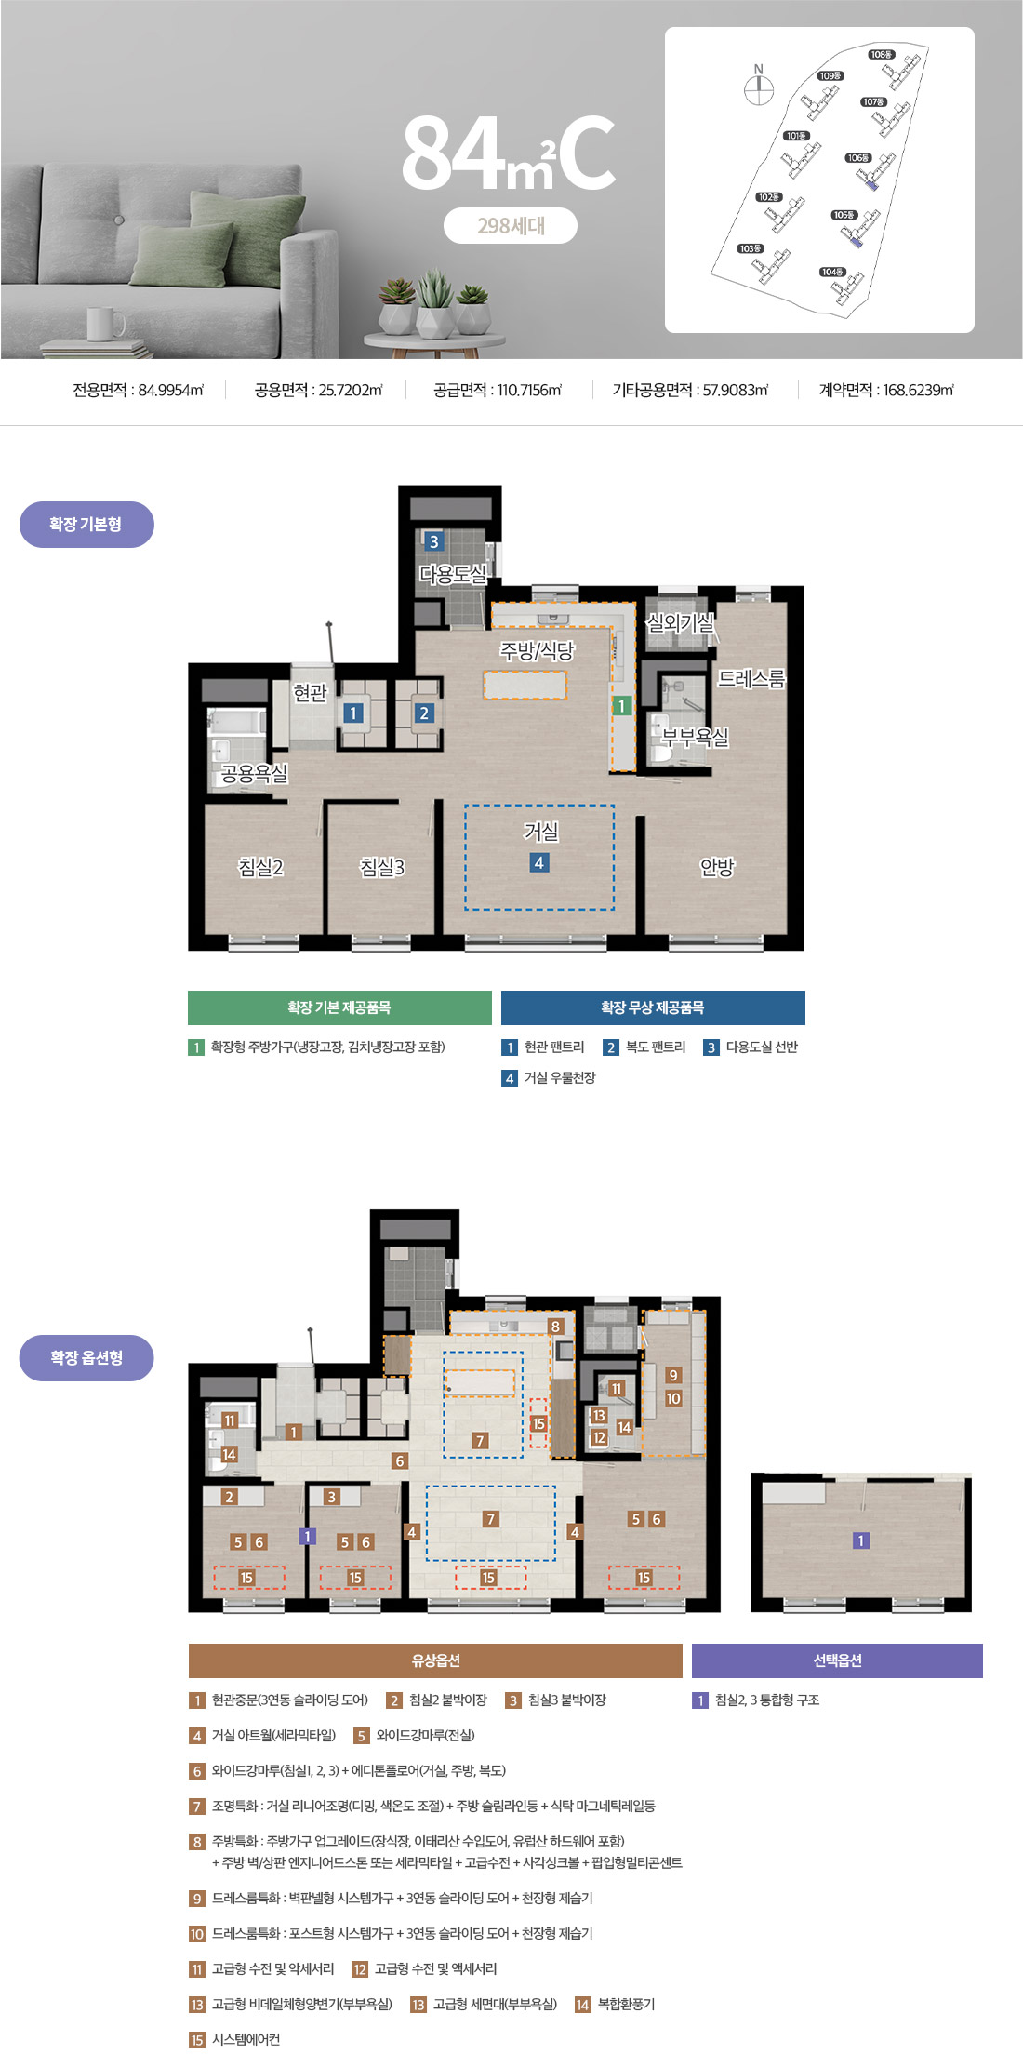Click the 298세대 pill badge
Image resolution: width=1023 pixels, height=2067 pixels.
coord(511,225)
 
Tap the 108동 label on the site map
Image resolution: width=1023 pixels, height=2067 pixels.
coord(882,55)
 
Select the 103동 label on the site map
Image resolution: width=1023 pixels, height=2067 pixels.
coord(751,248)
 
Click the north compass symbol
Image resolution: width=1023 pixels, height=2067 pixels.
coord(759,86)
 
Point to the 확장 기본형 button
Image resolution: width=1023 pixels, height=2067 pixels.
coord(86,525)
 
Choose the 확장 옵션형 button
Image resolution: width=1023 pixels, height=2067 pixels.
coord(86,1358)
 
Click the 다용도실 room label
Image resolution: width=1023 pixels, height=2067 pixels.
coord(453,575)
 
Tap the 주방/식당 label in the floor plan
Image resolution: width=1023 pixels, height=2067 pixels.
coord(538,651)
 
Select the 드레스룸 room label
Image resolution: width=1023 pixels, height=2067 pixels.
coord(751,679)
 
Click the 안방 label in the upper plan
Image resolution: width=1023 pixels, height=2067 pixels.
coord(717,867)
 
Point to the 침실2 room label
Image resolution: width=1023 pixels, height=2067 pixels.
coord(260,867)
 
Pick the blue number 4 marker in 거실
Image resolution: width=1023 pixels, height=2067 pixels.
coord(538,862)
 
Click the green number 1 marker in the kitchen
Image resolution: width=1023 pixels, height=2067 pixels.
coord(622,706)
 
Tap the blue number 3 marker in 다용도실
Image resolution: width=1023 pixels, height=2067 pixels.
coord(433,541)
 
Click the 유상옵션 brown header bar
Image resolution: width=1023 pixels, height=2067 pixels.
coord(435,1660)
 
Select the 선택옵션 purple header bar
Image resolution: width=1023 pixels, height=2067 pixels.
coord(837,1660)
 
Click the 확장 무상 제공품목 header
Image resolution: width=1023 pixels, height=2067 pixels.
coord(653,1007)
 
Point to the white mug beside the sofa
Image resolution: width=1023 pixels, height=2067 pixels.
coord(104,324)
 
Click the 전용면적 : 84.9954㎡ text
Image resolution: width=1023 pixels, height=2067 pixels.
coord(139,391)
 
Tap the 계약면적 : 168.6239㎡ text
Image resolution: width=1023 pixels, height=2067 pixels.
coord(886,391)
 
